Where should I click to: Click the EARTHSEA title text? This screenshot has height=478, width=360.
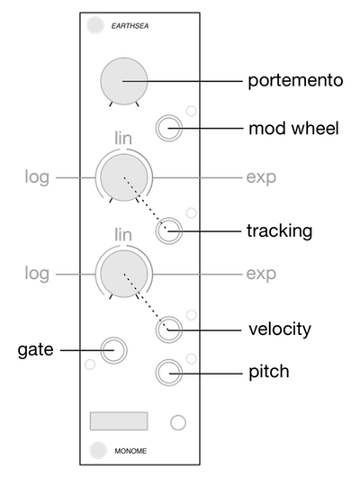tap(130, 26)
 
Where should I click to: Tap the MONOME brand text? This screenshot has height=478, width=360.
tap(130, 451)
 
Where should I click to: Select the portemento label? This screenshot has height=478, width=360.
tap(295, 81)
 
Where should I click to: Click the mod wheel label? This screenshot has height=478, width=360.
tap(294, 129)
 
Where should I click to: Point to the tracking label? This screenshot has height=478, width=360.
tap(280, 231)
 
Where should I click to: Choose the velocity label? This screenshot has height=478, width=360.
tap(280, 329)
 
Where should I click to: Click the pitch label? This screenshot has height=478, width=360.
tap(269, 372)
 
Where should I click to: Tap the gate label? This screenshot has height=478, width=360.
tap(35, 349)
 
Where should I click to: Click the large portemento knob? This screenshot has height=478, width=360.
tap(124, 81)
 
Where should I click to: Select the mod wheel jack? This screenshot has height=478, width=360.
tap(169, 128)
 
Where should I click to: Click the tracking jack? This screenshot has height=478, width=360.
tap(169, 230)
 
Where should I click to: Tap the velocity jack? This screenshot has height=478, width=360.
tap(169, 329)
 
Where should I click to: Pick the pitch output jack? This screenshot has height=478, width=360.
tap(169, 373)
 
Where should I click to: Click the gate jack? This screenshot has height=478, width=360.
tap(113, 350)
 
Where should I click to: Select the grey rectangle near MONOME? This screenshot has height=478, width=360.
tap(119, 421)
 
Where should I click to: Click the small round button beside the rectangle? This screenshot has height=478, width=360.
tap(178, 423)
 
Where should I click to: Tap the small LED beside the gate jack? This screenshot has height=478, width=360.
tap(90, 365)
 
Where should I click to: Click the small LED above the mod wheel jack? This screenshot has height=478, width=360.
tap(192, 111)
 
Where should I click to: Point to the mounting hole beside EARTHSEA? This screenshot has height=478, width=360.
tap(94, 25)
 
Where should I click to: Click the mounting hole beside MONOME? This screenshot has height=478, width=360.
tap(98, 450)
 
